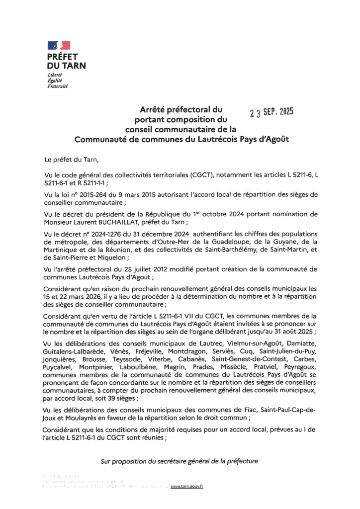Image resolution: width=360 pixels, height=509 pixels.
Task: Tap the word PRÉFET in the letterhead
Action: click(x=63, y=57)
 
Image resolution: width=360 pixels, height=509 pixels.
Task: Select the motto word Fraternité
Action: click(x=57, y=86)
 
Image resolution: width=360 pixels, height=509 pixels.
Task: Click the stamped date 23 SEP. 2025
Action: click(x=271, y=112)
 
